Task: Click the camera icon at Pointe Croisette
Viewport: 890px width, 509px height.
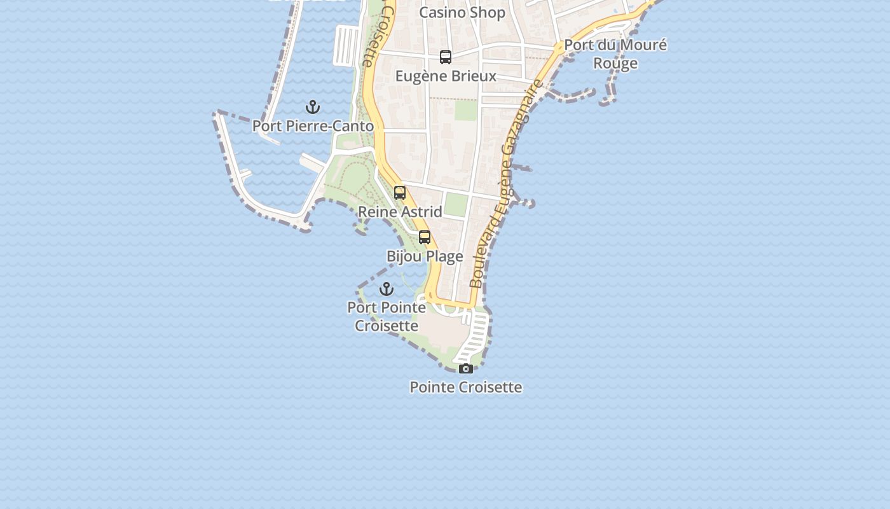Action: point(466,368)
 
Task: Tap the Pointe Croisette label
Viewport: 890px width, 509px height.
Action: point(466,387)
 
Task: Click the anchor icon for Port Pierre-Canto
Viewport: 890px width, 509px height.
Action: point(313,107)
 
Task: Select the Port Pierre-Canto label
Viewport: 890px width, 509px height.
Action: point(313,126)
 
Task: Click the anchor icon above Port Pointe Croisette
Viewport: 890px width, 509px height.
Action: point(387,289)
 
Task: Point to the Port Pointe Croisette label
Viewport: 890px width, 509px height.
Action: point(387,316)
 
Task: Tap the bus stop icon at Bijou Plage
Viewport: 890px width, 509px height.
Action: point(425,238)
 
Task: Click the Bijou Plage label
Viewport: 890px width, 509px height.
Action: point(425,256)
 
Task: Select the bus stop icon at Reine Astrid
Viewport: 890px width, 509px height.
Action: point(400,193)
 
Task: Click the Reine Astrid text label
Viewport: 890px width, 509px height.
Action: point(400,211)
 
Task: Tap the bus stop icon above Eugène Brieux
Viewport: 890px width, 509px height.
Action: point(446,57)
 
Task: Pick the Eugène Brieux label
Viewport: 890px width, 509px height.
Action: point(446,76)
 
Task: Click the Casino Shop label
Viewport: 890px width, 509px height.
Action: point(462,13)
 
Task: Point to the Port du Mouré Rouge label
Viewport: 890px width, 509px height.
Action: point(615,54)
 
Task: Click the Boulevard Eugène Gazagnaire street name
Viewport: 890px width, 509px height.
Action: point(507,185)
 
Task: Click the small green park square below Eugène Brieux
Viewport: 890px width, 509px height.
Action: point(466,111)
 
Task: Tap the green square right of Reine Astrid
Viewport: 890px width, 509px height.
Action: point(456,204)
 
